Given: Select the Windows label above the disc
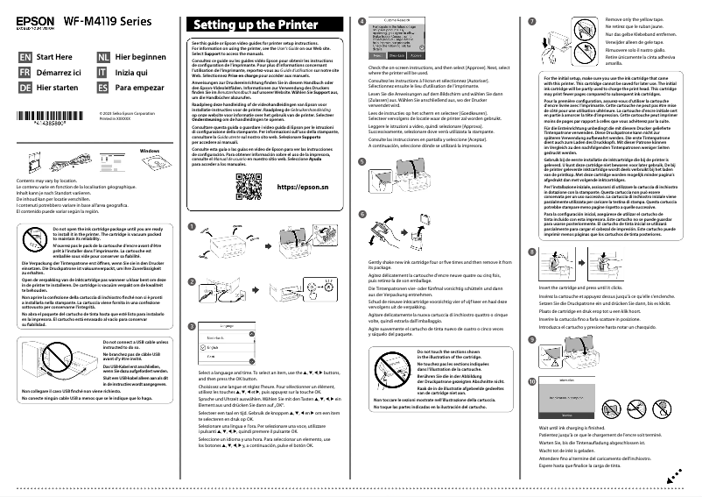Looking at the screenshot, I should click(x=151, y=150).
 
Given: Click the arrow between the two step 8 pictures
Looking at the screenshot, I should click(x=601, y=244).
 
